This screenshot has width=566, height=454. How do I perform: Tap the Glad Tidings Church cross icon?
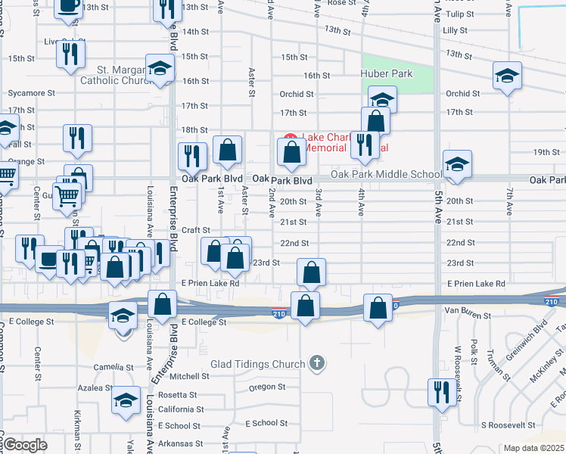click(317, 364)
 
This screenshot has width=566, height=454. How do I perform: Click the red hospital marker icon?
click(290, 141)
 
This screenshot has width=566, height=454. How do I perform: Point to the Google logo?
click(24, 445)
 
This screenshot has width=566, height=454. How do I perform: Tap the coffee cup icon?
click(68, 6)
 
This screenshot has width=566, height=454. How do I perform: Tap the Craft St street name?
click(195, 229)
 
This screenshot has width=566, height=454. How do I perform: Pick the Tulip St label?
click(459, 14)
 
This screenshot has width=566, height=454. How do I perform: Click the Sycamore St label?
click(32, 93)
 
